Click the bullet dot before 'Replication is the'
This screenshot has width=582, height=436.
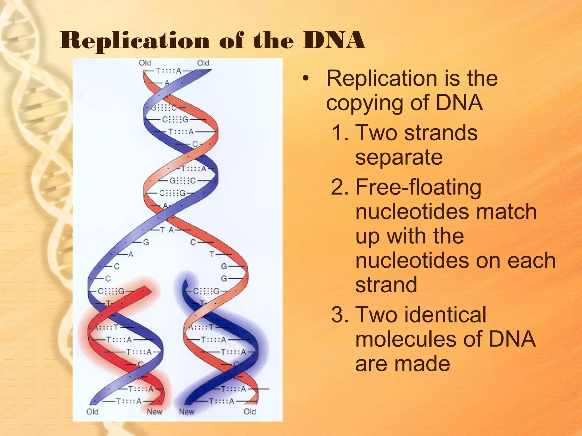point(306,79)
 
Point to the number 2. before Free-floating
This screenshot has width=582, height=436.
point(340,188)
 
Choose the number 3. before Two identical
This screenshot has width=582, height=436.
point(340,315)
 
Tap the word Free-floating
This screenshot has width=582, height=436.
point(418,187)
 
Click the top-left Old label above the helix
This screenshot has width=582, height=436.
point(145,63)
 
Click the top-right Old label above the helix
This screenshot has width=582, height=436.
point(203,63)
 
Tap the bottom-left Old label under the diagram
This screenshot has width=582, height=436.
point(92,412)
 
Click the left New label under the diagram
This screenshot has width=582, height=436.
point(154,412)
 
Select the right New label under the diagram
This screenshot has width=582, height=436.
point(186,412)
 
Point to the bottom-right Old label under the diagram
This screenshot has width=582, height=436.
point(250,412)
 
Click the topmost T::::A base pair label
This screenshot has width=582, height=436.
point(168,71)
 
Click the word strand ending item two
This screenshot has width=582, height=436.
point(386,284)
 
